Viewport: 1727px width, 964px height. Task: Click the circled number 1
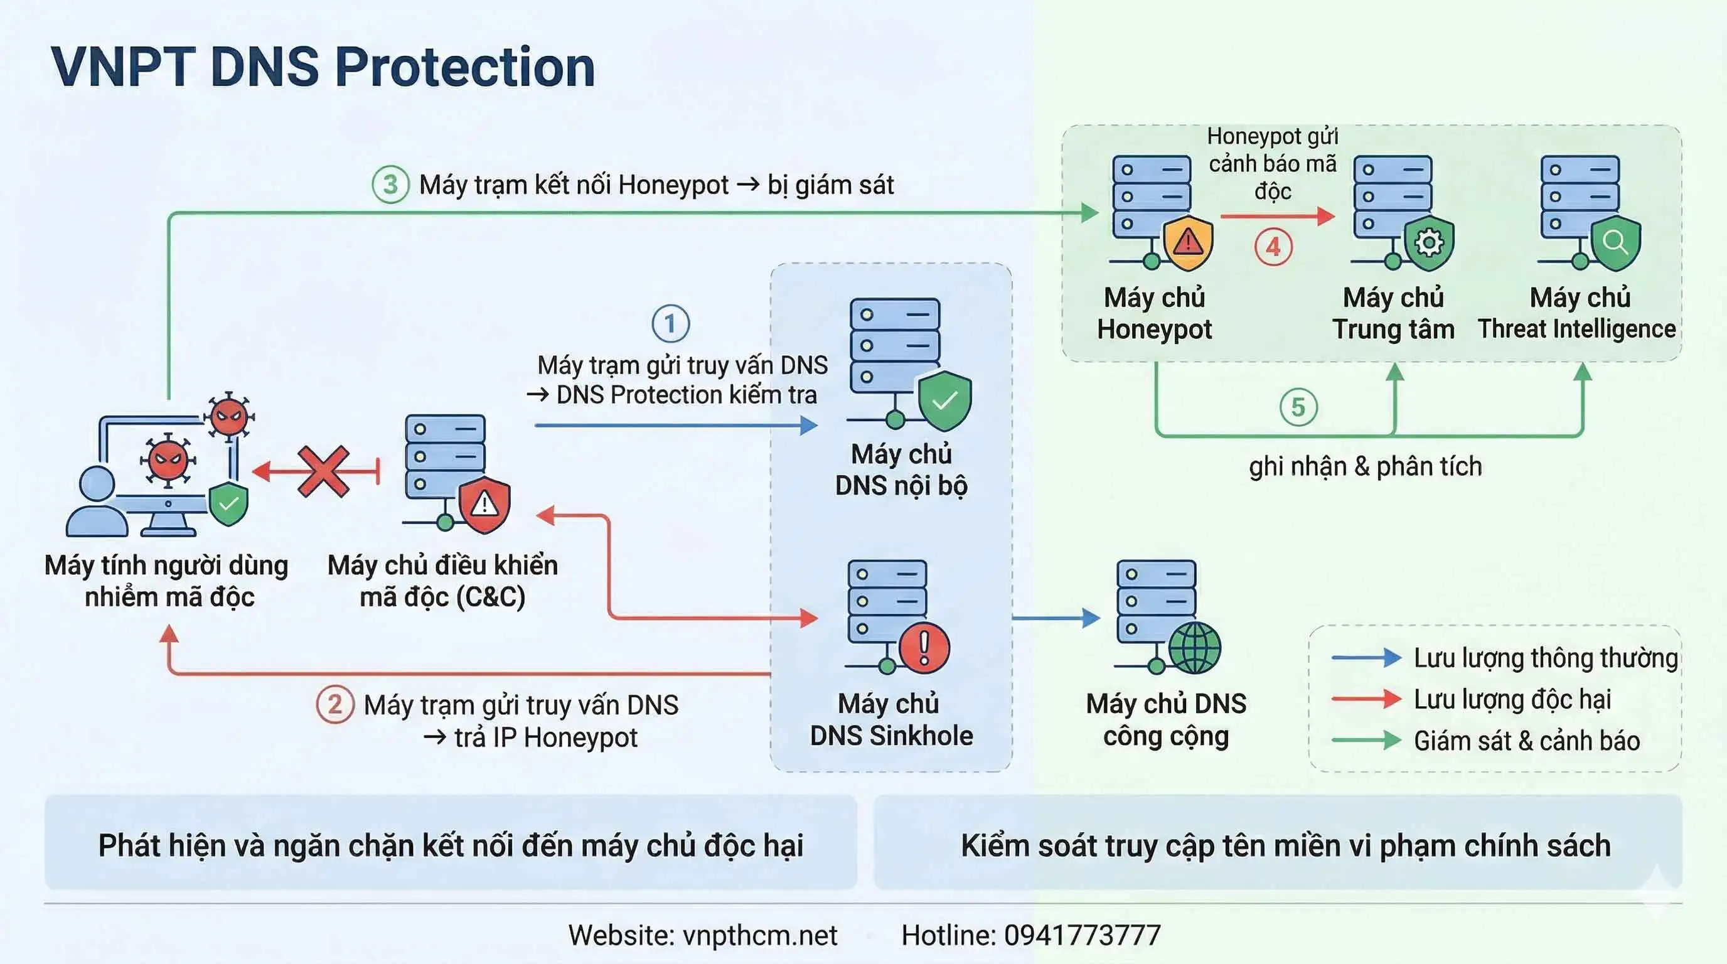tap(670, 324)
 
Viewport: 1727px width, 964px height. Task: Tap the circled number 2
tap(334, 705)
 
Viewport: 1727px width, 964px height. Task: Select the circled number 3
tap(390, 185)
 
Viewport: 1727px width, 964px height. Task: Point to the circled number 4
tap(1273, 247)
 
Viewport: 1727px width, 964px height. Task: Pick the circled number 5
tap(1298, 407)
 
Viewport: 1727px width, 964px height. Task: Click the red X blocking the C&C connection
tap(324, 471)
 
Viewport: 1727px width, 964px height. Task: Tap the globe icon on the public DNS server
tap(1195, 648)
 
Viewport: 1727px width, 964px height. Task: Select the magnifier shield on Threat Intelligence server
tap(1615, 242)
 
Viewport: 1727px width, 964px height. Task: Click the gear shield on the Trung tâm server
tap(1429, 243)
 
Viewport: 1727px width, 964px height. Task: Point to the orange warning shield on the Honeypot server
tap(1188, 242)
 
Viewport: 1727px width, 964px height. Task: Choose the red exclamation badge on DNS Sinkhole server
tap(924, 648)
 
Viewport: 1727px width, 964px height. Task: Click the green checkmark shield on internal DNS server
tap(944, 400)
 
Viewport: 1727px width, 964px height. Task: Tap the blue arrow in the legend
tap(1366, 658)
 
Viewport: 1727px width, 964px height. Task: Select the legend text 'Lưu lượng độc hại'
tap(1512, 699)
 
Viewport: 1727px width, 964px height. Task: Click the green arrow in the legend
tap(1366, 741)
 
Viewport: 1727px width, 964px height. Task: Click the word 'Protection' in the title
tap(464, 67)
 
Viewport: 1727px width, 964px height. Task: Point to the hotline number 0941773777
tap(1082, 935)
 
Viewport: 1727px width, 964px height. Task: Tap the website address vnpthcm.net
tap(759, 935)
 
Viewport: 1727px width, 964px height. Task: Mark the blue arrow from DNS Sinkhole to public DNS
tap(1056, 618)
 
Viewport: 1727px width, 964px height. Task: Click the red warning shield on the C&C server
tap(484, 505)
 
